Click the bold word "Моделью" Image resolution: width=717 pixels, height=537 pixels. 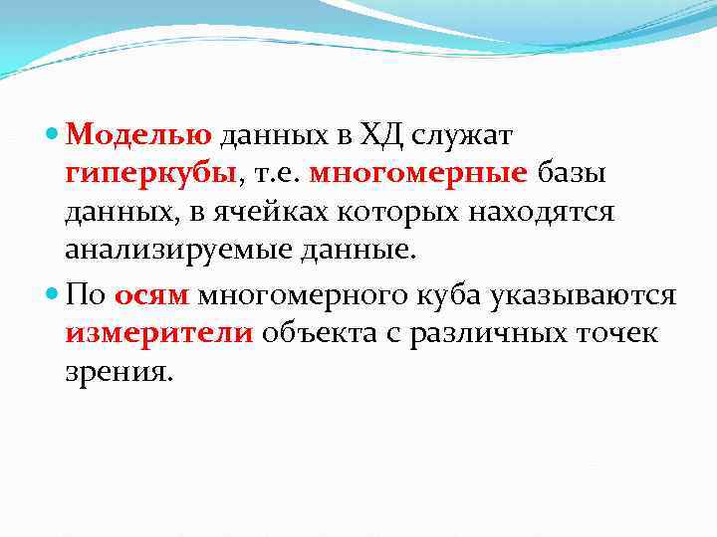point(140,133)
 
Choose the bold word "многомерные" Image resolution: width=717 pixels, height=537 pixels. point(419,173)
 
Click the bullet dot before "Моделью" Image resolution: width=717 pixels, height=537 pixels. point(53,134)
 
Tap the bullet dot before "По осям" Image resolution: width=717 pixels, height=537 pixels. point(53,295)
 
